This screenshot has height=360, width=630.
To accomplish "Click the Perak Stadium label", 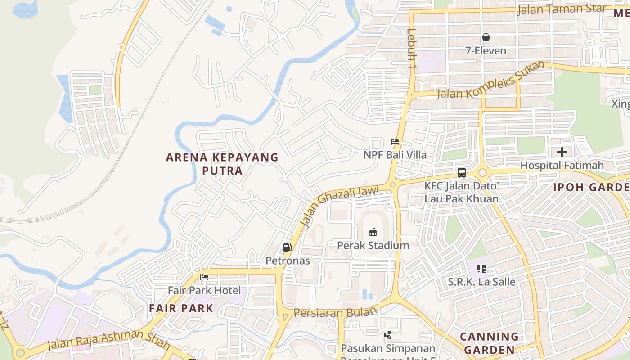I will [373, 245].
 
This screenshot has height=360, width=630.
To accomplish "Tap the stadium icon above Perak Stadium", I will [373, 232].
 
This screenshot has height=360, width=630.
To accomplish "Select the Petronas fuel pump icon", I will [287, 247].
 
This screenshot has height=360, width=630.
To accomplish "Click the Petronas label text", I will [288, 261].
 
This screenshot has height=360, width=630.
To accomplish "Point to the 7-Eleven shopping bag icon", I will [486, 37].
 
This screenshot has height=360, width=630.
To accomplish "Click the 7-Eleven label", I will [486, 51].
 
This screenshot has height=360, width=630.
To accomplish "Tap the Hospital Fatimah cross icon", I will [562, 152].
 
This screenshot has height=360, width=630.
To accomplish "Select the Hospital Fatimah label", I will [562, 166].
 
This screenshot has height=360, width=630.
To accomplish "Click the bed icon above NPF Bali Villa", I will [395, 142].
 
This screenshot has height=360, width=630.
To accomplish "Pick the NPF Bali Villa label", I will [395, 155].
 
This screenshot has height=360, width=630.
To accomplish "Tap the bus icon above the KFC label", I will [462, 172].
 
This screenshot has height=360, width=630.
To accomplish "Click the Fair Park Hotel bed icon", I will [204, 277].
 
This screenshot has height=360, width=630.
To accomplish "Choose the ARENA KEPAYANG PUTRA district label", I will [222, 164].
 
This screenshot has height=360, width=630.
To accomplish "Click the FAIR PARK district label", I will [181, 308].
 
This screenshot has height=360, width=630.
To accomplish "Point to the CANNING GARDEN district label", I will [489, 343].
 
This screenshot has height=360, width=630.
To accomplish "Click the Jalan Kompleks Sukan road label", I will [490, 81].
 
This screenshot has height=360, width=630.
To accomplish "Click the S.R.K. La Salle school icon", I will [481, 269].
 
